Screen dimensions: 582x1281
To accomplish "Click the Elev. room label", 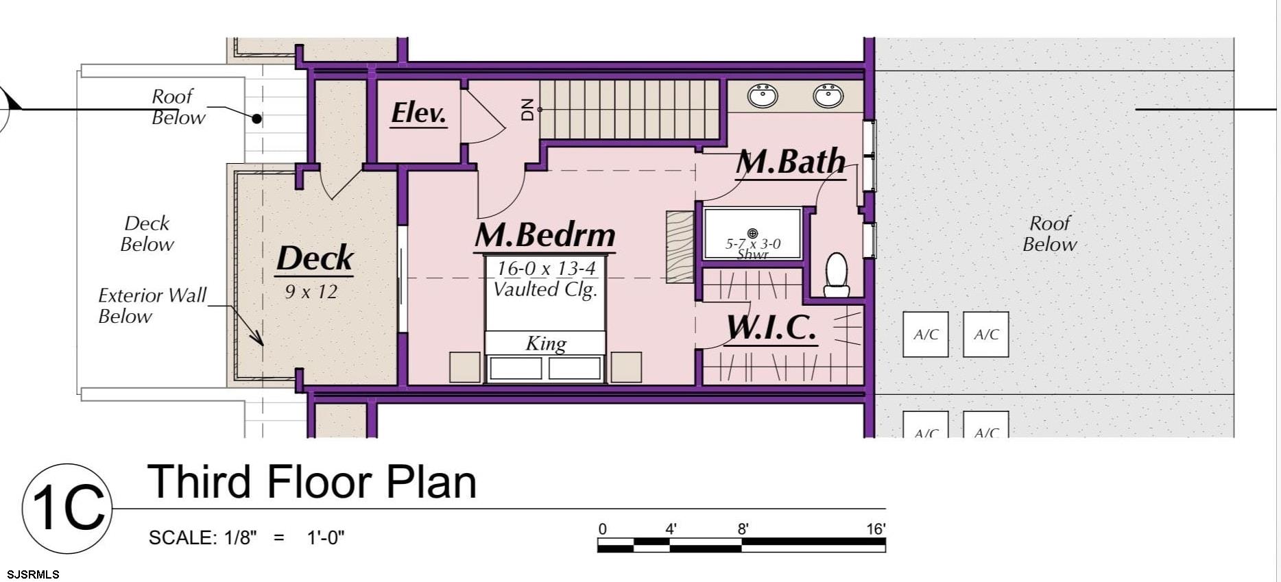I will coord(418,113).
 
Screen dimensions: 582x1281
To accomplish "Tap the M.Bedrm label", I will coord(545,235).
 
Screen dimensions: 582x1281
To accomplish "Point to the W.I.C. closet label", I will coord(771,328).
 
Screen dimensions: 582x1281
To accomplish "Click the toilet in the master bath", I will coord(837,274).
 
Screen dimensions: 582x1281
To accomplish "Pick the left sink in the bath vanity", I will coord(763,95).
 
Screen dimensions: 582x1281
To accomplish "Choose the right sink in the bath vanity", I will coord(828,95).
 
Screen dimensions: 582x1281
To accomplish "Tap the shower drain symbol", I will coord(752,233).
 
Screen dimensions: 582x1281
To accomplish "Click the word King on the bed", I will coord(546,343).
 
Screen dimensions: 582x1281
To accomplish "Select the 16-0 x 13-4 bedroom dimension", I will coord(546,268).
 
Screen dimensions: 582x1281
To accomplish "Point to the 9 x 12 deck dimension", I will coord(311,292).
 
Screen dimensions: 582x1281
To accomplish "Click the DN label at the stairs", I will coord(527,110).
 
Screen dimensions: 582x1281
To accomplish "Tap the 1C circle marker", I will coord(67,508).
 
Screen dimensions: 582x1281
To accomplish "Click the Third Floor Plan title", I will coord(312,482).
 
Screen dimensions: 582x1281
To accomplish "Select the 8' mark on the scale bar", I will coord(743,529).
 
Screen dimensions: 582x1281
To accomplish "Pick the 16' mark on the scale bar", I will coord(875,529).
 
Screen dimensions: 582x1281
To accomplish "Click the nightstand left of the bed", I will coord(464,367).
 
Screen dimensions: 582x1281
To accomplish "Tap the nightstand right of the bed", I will coord(626,367).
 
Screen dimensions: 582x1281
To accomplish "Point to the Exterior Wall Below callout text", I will coord(152,306).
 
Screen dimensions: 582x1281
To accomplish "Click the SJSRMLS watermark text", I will coord(33,574).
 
